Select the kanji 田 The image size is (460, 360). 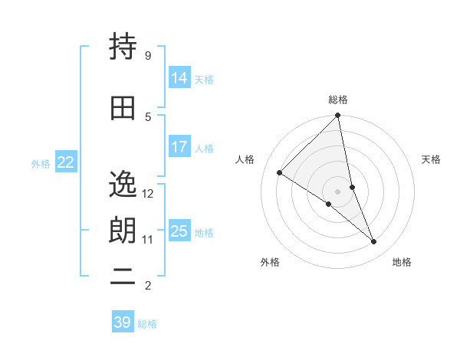123,108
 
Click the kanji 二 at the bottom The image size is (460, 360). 123,277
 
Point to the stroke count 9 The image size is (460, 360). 147,55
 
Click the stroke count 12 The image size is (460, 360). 148,193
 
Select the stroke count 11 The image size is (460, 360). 147,239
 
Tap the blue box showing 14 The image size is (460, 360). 179,77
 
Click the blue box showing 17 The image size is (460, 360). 179,147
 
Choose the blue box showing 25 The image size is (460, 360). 179,231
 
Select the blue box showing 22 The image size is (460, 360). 66,162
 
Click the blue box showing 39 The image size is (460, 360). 123,322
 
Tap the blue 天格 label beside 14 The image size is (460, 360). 204,79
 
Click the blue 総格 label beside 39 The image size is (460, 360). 147,324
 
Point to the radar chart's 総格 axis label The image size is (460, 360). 338,100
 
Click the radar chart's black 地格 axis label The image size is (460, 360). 402,262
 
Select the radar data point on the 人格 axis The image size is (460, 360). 280,173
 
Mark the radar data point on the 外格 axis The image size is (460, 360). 328,204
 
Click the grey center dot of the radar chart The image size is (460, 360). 337,191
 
